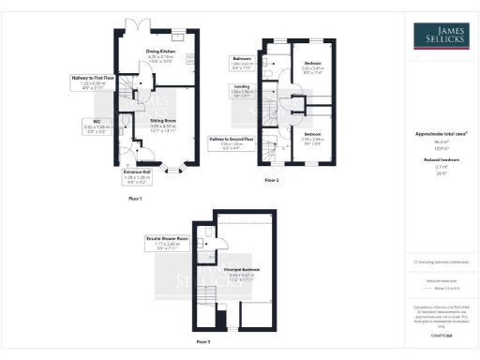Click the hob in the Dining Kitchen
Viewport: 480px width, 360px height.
tap(190, 60)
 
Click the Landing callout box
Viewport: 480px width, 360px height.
tap(242, 91)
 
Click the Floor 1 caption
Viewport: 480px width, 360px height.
tap(134, 200)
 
